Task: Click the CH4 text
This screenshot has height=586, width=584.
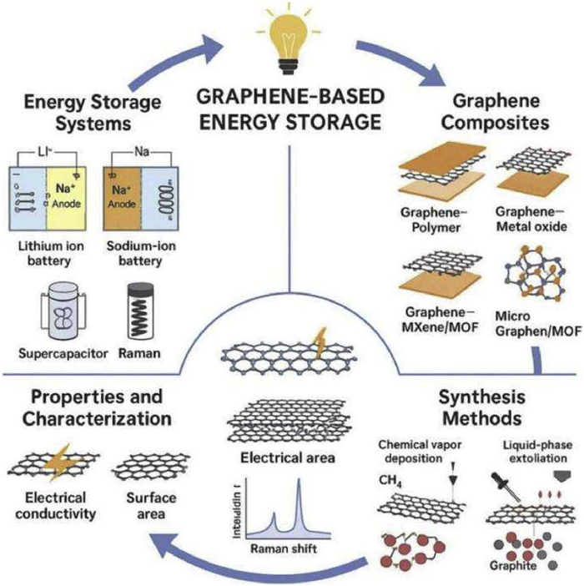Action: [387, 479]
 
